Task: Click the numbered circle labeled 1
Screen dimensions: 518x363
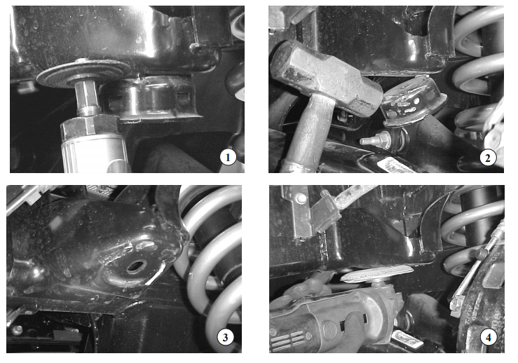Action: pyautogui.click(x=228, y=157)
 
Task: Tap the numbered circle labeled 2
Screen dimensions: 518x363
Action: pyautogui.click(x=488, y=158)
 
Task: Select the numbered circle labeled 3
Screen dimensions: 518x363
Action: pyautogui.click(x=225, y=337)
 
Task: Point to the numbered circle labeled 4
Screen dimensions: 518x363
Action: pyautogui.click(x=489, y=338)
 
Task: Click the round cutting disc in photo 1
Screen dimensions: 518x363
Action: pyautogui.click(x=84, y=74)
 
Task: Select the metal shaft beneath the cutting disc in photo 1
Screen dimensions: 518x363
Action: pyautogui.click(x=87, y=97)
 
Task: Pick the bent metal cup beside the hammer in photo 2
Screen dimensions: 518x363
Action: pyautogui.click(x=412, y=101)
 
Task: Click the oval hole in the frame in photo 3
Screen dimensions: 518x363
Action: pyautogui.click(x=136, y=266)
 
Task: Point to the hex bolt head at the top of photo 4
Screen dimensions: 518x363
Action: pyautogui.click(x=301, y=198)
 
